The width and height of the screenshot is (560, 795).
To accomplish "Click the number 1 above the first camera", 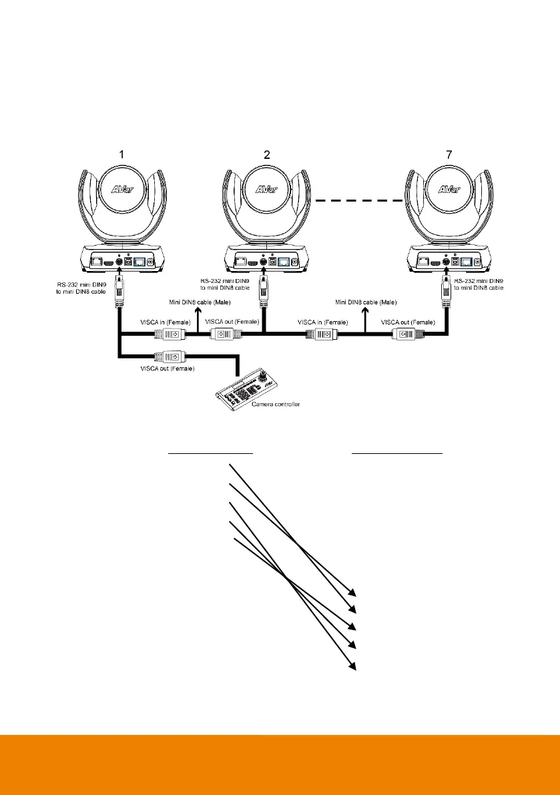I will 121,155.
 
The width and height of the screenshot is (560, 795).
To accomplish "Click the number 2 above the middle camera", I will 267,155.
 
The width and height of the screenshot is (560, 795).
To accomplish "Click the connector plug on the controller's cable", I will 166,355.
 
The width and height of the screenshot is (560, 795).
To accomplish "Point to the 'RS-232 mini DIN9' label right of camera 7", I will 479,284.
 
